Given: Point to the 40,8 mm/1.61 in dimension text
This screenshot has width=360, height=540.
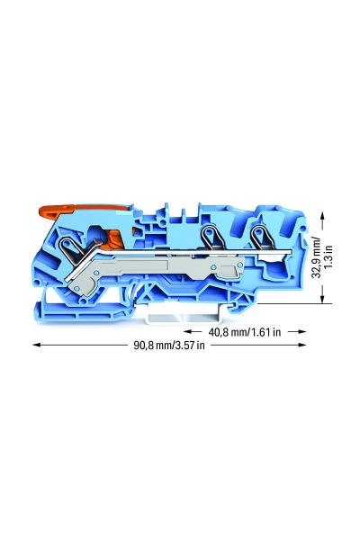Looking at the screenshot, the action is click(x=244, y=332).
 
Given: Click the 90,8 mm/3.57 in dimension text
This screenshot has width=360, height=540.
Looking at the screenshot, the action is click(x=169, y=345).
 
